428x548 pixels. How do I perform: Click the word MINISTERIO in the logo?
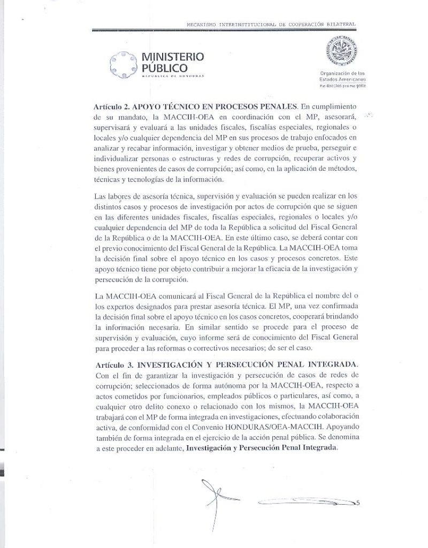click(x=173, y=57)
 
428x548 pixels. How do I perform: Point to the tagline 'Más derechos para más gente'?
click(x=342, y=86)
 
